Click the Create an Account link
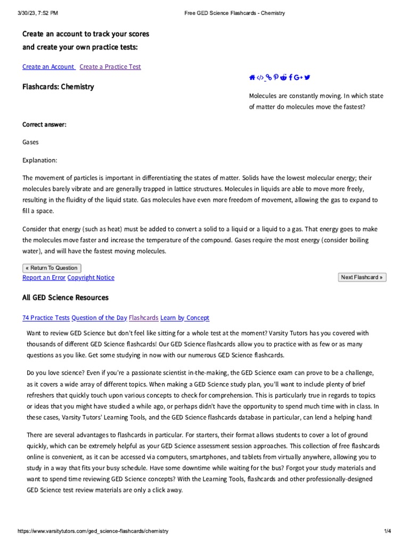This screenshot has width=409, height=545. [48, 67]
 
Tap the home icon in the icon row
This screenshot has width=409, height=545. [252, 78]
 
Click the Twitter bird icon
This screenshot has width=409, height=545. [307, 78]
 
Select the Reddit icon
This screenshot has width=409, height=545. [283, 78]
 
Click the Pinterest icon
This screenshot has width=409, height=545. [276, 78]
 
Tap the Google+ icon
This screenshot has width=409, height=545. [298, 78]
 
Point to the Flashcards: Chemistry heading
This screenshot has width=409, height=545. [58, 86]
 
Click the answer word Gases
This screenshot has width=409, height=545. [30, 142]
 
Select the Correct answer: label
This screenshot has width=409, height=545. [44, 125]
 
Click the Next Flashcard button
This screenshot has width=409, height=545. [362, 277]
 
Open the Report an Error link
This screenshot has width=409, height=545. [44, 277]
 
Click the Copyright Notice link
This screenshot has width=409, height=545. [91, 277]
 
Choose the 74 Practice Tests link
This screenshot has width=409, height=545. [46, 318]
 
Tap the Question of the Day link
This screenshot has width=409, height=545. [99, 318]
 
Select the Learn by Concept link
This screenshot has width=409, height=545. [185, 318]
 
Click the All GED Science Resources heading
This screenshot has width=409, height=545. [65, 298]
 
